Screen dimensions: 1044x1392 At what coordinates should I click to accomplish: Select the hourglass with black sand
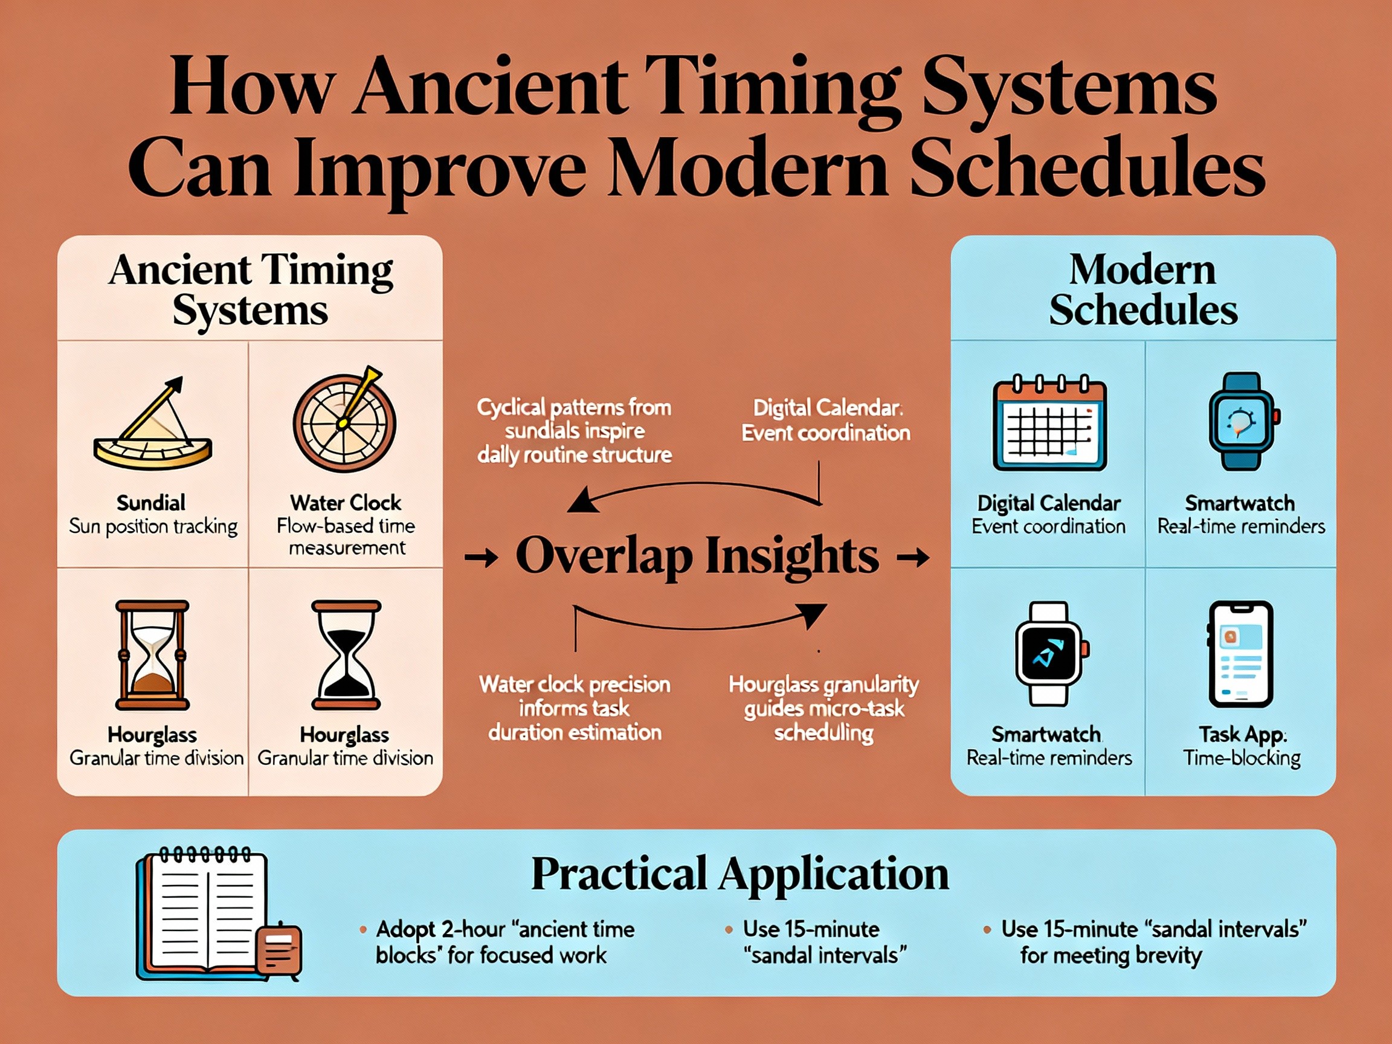(x=346, y=654)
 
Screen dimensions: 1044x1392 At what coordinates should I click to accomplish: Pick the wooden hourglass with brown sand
(x=152, y=654)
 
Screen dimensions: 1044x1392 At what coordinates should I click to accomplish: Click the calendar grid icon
(x=1049, y=424)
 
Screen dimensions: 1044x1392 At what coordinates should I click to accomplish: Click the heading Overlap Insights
(x=697, y=556)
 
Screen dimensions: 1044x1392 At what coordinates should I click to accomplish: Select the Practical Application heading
(x=739, y=874)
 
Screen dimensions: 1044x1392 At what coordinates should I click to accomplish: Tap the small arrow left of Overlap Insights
(x=482, y=558)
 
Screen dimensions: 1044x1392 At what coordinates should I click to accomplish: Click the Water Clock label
(x=346, y=503)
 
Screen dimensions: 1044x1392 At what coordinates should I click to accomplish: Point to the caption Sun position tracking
(x=153, y=527)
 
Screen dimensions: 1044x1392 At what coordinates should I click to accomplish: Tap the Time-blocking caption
(x=1241, y=758)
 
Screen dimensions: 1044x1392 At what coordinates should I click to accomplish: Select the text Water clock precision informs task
(x=575, y=697)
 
